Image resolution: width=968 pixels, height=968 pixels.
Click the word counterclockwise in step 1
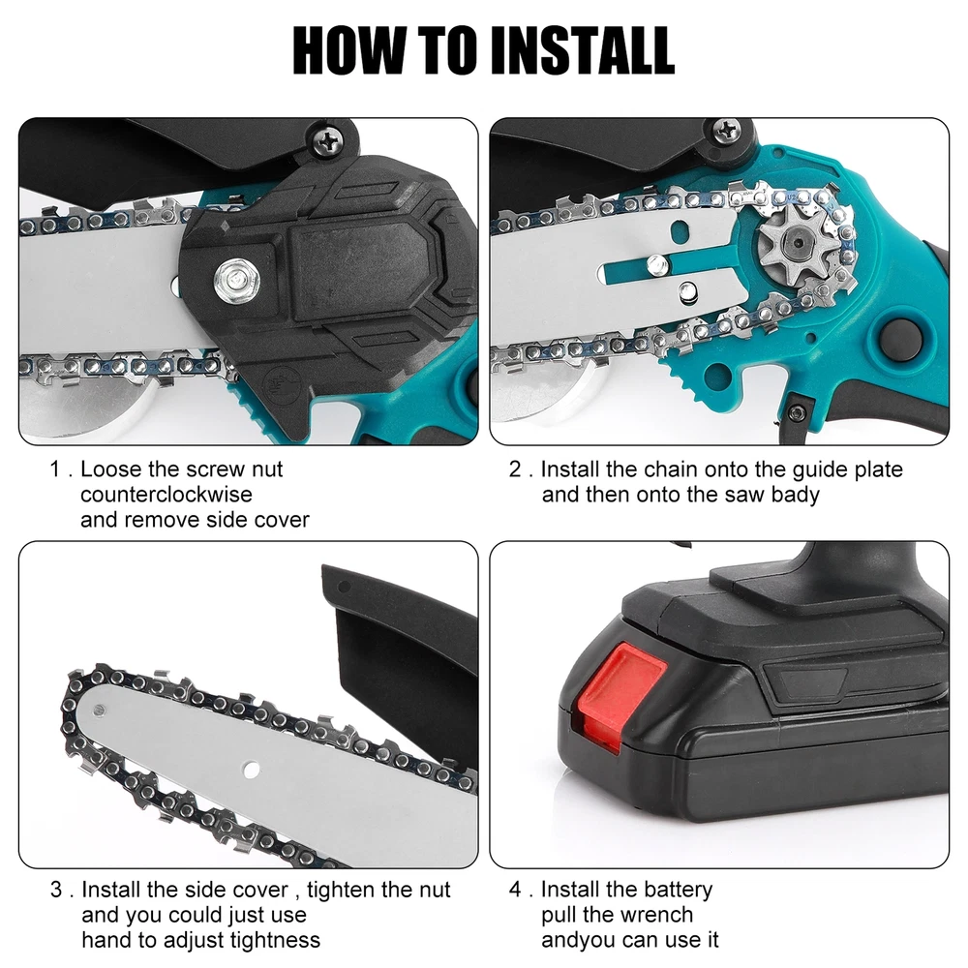[x=166, y=495]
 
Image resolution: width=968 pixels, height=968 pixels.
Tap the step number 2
[x=516, y=469]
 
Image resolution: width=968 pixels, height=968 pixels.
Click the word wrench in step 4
[x=657, y=915]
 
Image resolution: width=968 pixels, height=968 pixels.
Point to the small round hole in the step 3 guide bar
[x=251, y=770]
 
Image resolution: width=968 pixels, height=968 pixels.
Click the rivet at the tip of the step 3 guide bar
[x=99, y=711]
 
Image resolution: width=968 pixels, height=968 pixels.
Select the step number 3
[x=56, y=891]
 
